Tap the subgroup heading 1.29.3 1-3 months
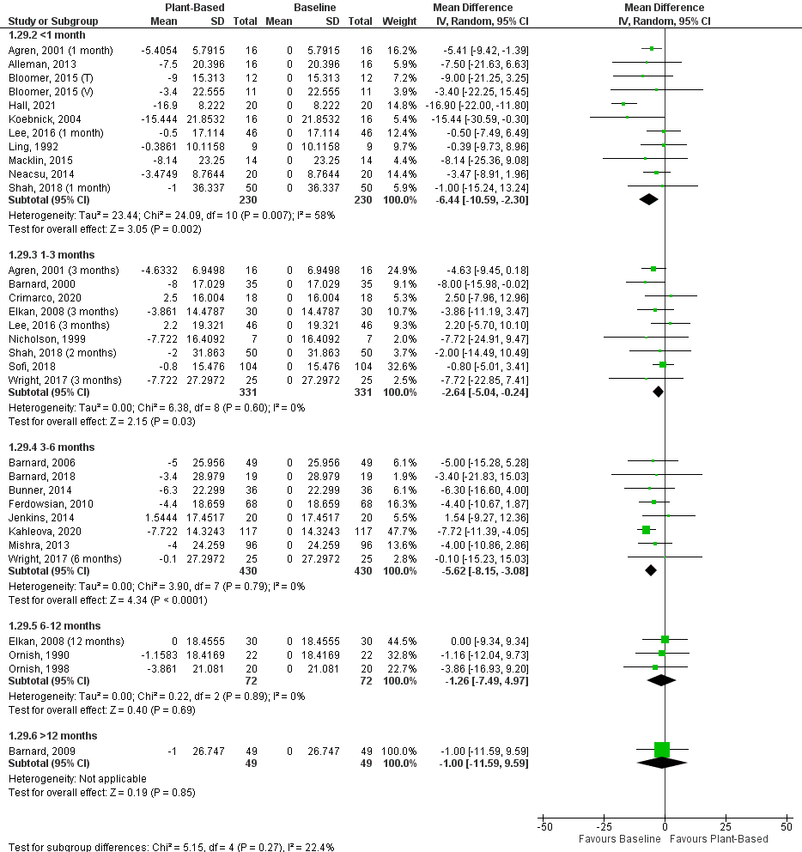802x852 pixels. [x=52, y=255]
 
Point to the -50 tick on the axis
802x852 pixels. [x=544, y=826]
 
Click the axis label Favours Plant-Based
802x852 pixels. [x=719, y=838]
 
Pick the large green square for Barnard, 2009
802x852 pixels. [x=661, y=750]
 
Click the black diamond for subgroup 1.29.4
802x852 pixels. [x=650, y=570]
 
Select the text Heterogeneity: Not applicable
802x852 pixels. [x=77, y=778]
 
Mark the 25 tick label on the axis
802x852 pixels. [x=726, y=826]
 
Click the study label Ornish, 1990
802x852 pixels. [x=32, y=653]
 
